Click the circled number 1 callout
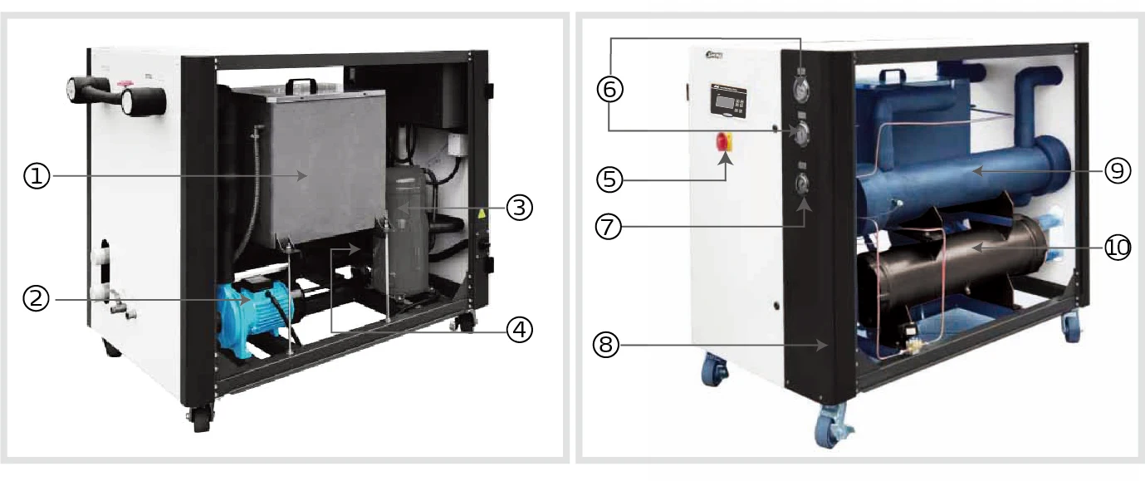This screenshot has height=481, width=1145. tap(37, 176)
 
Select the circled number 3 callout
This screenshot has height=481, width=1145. tap(519, 208)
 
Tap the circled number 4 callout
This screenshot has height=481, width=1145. tap(519, 331)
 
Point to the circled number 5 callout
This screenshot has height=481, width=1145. tap(610, 178)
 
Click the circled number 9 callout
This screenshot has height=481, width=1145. tap(1117, 171)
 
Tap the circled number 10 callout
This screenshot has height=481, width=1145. tap(1117, 248)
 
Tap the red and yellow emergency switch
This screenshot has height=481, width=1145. tap(724, 142)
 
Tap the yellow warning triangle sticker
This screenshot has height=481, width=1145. tap(479, 214)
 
